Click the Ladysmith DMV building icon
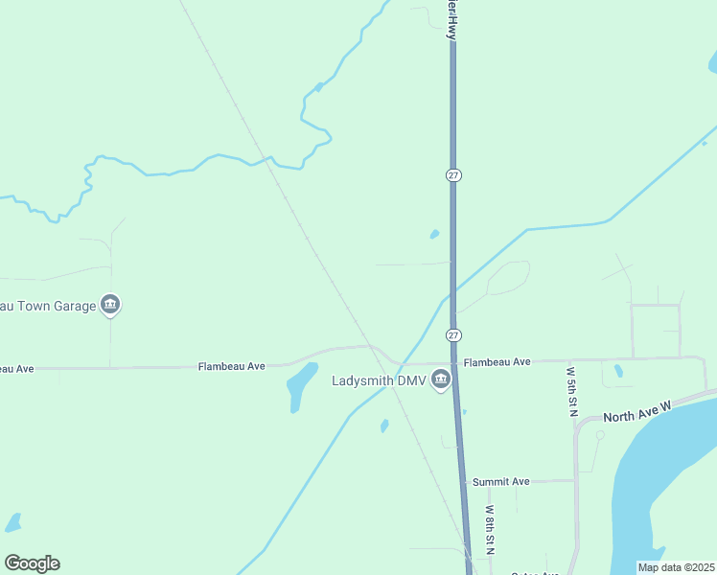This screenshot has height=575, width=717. pyautogui.click(x=441, y=380)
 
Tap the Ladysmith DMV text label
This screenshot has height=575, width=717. pyautogui.click(x=378, y=380)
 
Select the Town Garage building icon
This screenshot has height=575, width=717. pyautogui.click(x=110, y=306)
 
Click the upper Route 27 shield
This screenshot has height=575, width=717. pyautogui.click(x=454, y=175)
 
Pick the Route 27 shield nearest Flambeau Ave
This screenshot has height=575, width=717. pyautogui.click(x=454, y=335)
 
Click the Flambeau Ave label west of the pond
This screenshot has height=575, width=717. pyautogui.click(x=231, y=366)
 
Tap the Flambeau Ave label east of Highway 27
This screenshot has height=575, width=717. pyautogui.click(x=497, y=362)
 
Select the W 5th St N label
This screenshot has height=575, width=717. pyautogui.click(x=571, y=390)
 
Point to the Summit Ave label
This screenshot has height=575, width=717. pyautogui.click(x=500, y=481)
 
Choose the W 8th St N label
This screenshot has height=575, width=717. pyautogui.click(x=489, y=530)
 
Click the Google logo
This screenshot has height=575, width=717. pyautogui.click(x=32, y=563)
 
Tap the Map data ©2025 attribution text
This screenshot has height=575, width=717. pyautogui.click(x=676, y=567)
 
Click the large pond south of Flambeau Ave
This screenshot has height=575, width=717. pyautogui.click(x=301, y=385)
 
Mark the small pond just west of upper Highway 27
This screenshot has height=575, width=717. pyautogui.click(x=434, y=234)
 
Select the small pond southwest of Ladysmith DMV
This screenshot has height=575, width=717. pyautogui.click(x=384, y=425)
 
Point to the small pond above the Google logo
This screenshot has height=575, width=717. pyautogui.click(x=12, y=522)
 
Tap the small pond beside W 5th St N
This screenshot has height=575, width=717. pyautogui.click(x=618, y=370)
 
